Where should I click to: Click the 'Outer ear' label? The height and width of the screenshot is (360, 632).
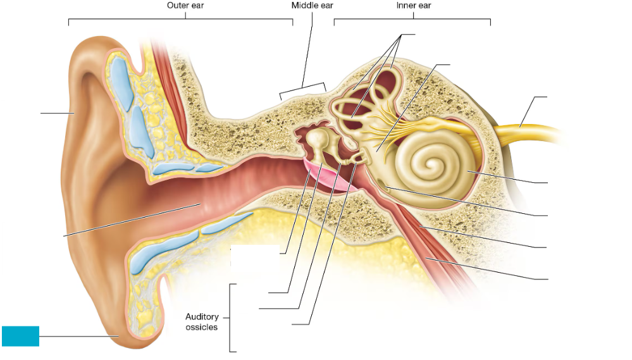[x=185, y=6]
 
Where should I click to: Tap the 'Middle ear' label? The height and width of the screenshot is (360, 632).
[x=312, y=6]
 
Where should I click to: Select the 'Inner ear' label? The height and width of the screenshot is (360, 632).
[x=413, y=6]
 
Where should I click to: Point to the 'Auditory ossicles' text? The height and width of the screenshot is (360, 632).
[x=202, y=321]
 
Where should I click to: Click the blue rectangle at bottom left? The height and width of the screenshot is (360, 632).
[x=20, y=336]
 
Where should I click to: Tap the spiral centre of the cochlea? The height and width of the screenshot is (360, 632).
[x=432, y=165]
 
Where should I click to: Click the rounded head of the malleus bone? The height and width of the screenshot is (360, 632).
[x=317, y=137]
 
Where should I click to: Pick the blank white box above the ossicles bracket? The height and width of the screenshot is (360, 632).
[x=254, y=259]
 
